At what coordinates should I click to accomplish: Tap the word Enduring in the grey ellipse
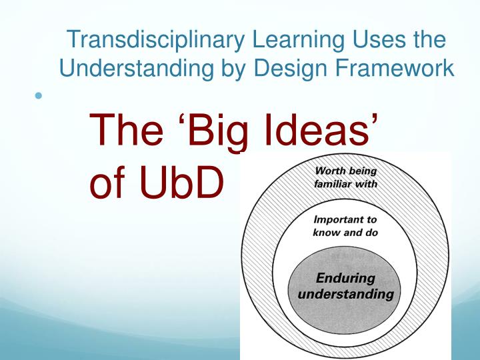tap(345, 278)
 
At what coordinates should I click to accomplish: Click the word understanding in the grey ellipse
tap(345, 293)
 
